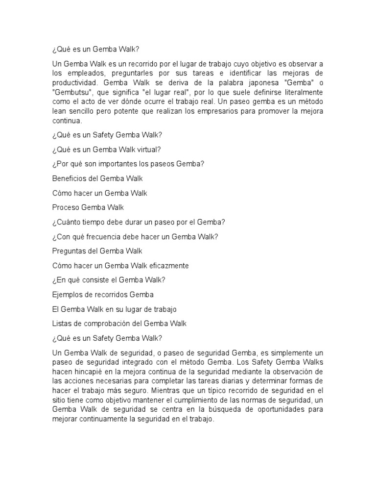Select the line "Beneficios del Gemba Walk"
(x=97, y=178)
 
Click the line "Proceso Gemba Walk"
(x=88, y=207)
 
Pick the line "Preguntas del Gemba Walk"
(x=97, y=251)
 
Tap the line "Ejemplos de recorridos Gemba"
(x=103, y=295)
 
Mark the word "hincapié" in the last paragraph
(x=85, y=372)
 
